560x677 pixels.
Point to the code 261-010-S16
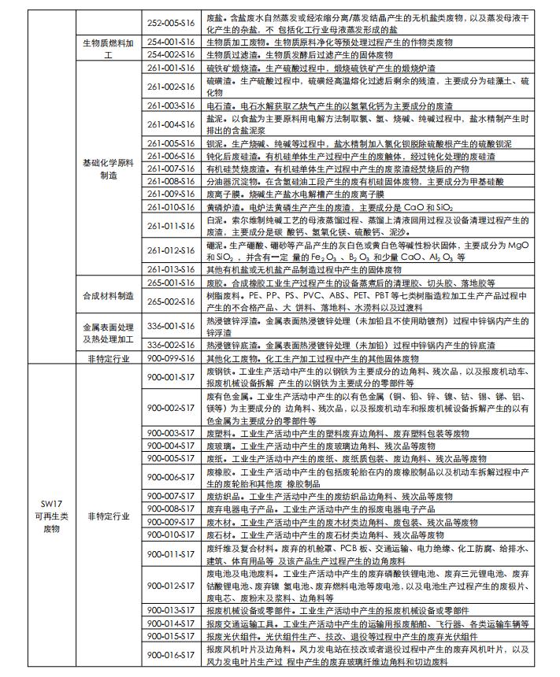click(x=170, y=206)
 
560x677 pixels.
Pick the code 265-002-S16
click(x=170, y=301)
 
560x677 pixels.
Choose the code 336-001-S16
click(x=170, y=323)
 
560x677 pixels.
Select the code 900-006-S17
click(x=170, y=477)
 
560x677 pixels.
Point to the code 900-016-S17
click(x=170, y=655)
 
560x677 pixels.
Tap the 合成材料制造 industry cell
click(x=109, y=294)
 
